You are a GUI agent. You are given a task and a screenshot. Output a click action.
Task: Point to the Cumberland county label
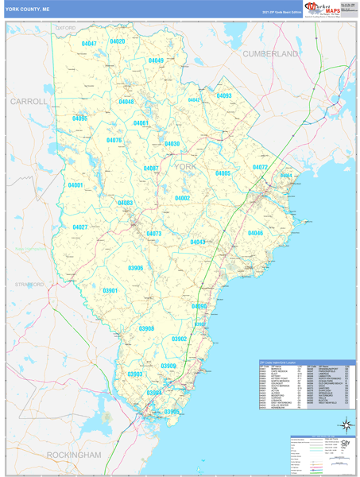(x=270, y=54)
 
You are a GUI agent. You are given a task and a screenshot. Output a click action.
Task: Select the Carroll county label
(x=29, y=103)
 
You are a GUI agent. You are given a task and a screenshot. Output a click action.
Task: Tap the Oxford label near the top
(x=65, y=27)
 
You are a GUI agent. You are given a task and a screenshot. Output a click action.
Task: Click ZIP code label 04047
(x=90, y=44)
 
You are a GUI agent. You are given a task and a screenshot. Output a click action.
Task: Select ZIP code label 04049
(x=156, y=61)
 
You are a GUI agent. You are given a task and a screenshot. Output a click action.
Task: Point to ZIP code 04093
(x=223, y=96)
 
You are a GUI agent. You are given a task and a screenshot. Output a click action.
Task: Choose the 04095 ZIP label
(x=79, y=118)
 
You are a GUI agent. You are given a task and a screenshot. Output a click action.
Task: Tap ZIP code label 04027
(x=80, y=227)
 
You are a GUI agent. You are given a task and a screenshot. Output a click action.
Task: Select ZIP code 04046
(x=255, y=233)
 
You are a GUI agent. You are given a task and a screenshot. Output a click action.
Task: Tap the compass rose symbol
(x=344, y=425)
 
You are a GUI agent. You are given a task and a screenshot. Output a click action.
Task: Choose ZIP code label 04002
(x=183, y=198)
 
